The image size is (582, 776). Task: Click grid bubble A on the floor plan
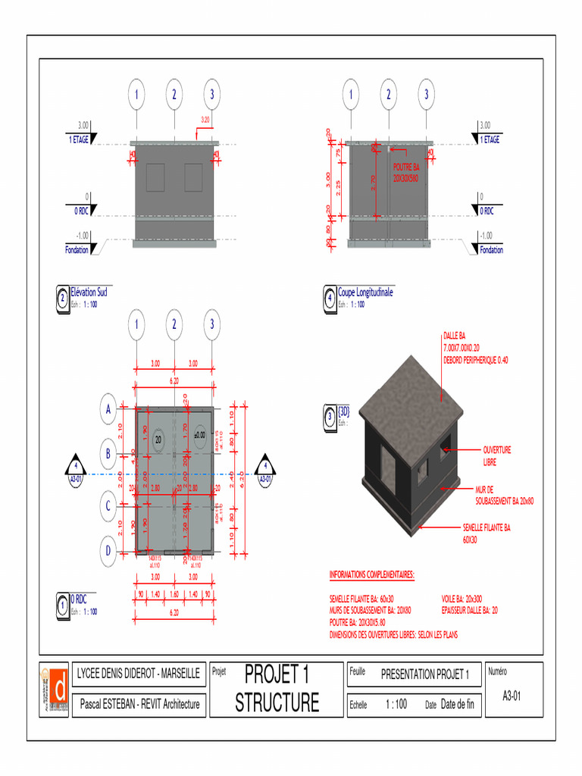(109, 409)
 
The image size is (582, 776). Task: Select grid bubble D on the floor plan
(109, 549)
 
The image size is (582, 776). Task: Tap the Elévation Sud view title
(89, 293)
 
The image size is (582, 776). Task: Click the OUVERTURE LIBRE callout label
(497, 455)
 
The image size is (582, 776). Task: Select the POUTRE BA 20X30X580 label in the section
(405, 173)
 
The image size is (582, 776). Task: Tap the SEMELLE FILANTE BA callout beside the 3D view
(487, 533)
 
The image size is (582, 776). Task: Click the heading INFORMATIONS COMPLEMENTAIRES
(372, 575)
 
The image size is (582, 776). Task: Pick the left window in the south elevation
(155, 177)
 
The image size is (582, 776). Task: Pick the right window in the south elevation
(194, 177)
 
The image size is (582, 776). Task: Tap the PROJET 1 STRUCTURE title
(277, 688)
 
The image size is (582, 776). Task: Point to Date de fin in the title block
(457, 704)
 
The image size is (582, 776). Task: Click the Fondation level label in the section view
(491, 250)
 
